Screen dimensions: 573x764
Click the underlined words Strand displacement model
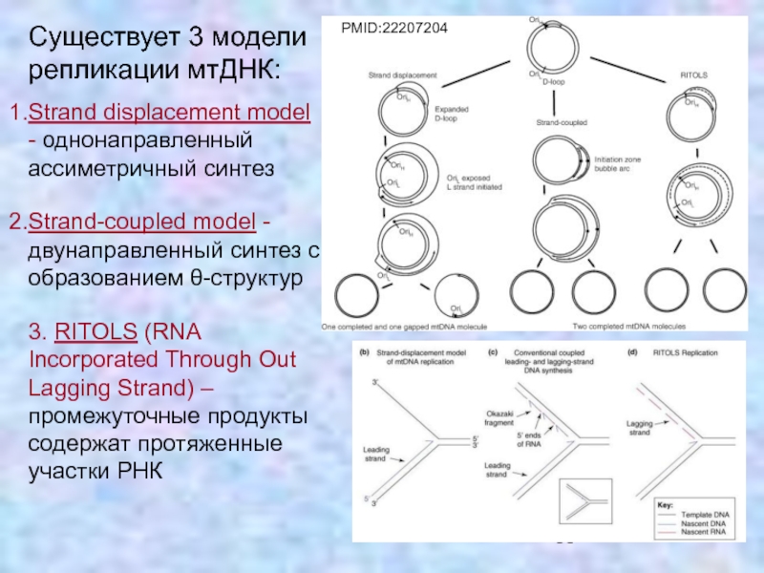(169, 114)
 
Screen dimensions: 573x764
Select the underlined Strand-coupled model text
(142, 223)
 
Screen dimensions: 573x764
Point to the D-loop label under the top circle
(555, 82)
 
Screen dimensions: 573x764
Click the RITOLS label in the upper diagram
(692, 74)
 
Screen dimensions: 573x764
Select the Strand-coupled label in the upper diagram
(561, 123)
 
